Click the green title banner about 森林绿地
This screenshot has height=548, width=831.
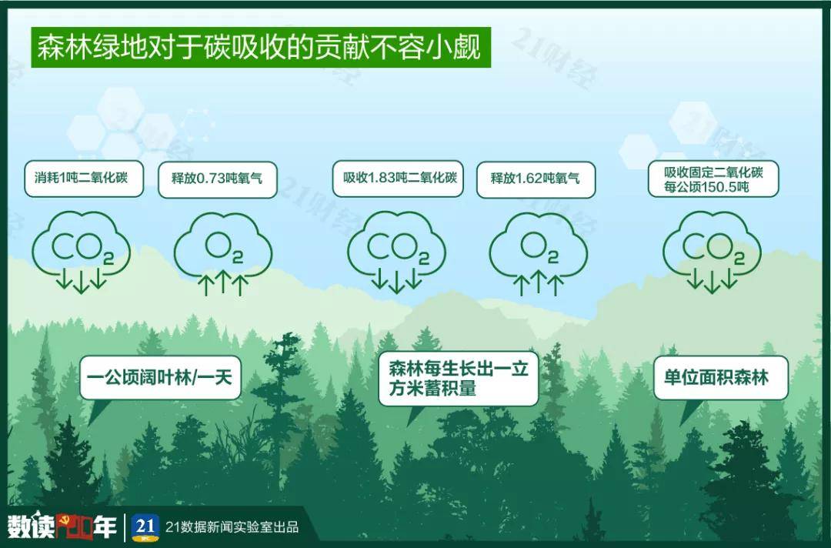coord(259,48)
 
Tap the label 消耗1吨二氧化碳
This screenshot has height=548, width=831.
coord(84,179)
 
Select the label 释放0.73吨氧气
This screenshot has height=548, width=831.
coord(216,179)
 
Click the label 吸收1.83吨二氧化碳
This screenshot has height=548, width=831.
coord(398,179)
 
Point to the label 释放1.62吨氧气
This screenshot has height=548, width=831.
coord(536,179)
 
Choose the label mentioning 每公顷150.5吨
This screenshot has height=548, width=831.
coord(713,179)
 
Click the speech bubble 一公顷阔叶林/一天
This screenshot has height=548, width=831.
coord(160,378)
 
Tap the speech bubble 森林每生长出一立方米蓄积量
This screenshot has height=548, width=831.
coord(458,378)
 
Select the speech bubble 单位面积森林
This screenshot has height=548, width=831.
coord(720,378)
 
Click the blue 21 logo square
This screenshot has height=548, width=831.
coord(145,527)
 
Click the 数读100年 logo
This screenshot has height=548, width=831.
coord(62,527)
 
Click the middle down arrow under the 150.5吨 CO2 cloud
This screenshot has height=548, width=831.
coord(713,282)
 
